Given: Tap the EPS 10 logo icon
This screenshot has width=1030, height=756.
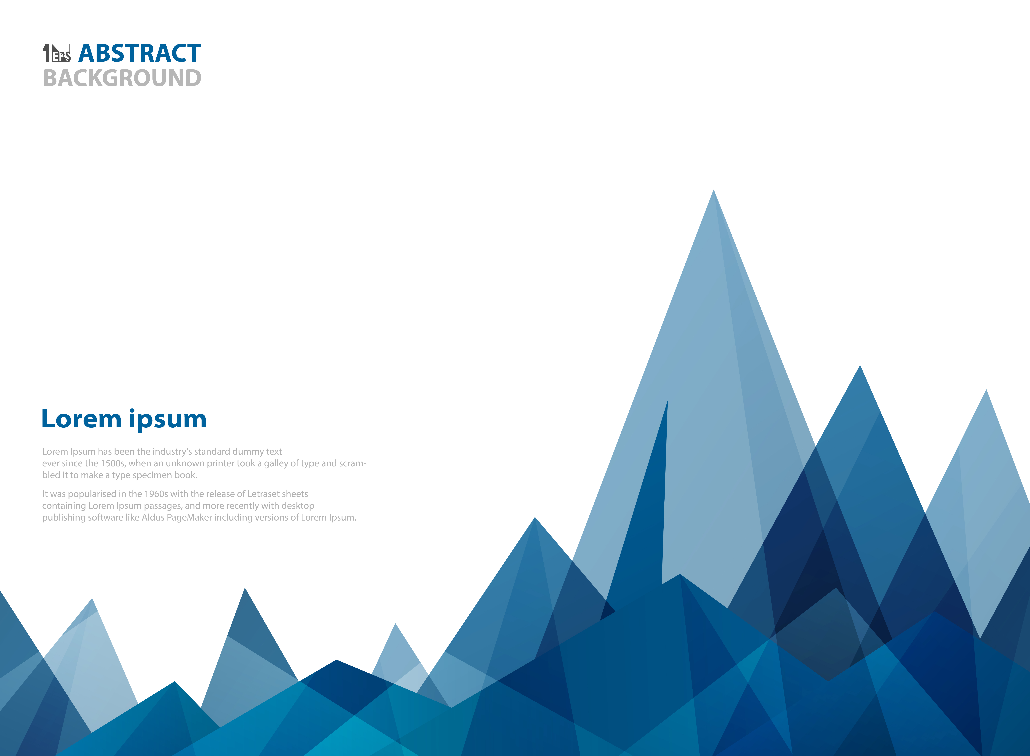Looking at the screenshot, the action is click(x=57, y=53).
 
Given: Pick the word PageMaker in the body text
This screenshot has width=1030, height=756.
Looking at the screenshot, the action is click(x=189, y=518).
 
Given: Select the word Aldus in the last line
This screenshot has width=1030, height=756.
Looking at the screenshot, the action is click(x=153, y=518).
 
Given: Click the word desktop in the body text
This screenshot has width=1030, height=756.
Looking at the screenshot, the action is click(x=298, y=506).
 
